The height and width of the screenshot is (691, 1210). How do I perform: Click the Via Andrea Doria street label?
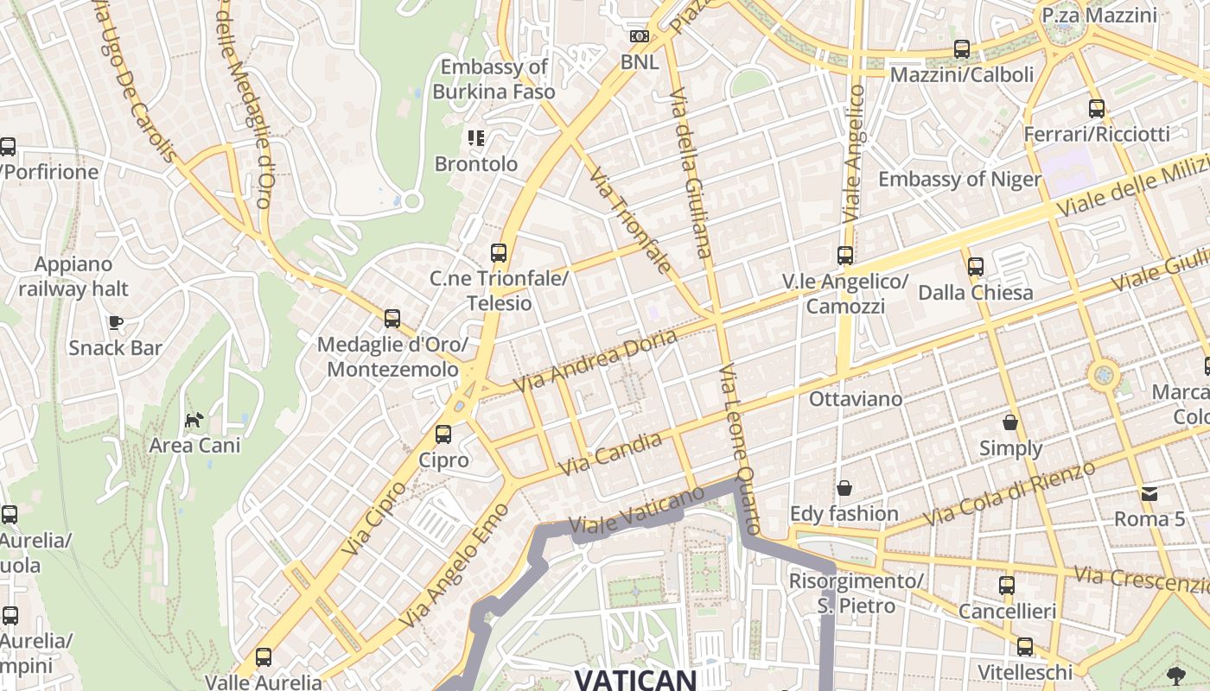coord(595,361)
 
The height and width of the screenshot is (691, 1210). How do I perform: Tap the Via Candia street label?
coord(611,454)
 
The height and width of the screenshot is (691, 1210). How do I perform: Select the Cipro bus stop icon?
coord(443,434)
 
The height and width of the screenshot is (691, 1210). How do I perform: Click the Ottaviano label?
coord(855,399)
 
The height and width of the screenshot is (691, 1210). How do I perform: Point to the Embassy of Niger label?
coord(959,179)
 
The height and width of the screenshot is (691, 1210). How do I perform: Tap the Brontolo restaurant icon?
coord(476,137)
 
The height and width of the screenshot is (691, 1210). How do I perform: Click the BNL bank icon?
coord(640,36)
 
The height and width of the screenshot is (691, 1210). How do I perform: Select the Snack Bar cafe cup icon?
coord(116,323)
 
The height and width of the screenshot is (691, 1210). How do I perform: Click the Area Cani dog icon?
coord(194,421)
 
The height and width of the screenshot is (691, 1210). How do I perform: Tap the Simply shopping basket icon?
coord(1010,422)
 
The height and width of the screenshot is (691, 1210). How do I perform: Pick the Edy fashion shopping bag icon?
coord(844,488)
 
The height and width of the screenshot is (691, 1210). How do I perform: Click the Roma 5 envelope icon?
coord(1149,494)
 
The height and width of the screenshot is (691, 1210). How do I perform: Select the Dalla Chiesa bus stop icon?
coord(976,267)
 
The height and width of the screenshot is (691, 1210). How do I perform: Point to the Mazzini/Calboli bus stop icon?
coord(962,49)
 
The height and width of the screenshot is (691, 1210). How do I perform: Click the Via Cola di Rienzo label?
coord(1009,493)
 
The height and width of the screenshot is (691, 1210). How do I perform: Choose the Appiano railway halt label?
coord(73,276)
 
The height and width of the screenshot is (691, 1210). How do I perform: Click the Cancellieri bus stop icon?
coord(1007,586)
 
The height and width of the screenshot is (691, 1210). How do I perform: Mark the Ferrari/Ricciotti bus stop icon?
coord(1097,109)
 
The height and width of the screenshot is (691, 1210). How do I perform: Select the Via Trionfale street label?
coord(630,220)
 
